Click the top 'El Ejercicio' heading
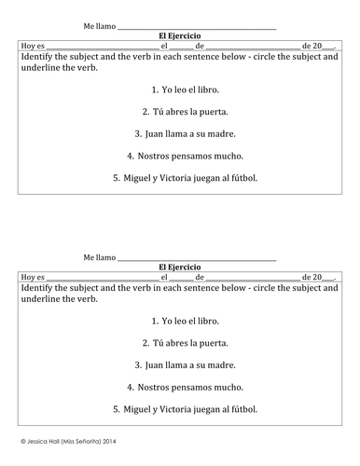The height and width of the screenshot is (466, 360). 180,34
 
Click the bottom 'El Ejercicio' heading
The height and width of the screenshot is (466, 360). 180,267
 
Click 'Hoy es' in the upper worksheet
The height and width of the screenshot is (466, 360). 33,45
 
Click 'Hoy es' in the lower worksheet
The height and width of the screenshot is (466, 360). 33,278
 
